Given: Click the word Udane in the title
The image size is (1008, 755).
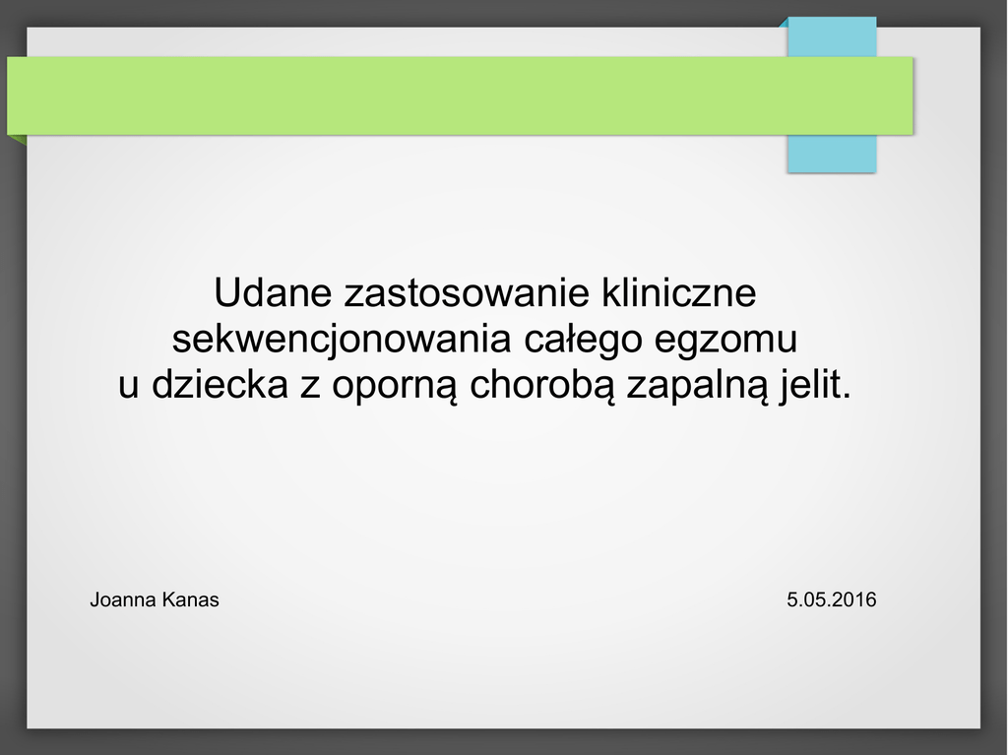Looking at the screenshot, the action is point(273,292).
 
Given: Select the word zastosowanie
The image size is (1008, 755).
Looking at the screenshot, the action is point(467,292).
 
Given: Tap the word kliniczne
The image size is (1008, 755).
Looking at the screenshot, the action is point(679,292).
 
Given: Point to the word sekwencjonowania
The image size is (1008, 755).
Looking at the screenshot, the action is point(342,339).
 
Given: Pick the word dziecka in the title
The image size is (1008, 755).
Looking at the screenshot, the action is point(220,385).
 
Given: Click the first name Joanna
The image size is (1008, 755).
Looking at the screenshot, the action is point(123,600).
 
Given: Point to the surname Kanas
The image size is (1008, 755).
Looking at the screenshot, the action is point(190,600).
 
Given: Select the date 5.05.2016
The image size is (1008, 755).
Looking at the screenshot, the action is point(831,600).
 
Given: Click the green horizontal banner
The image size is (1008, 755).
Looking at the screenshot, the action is point(461,95).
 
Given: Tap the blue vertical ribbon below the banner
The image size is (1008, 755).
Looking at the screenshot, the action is point(832,154).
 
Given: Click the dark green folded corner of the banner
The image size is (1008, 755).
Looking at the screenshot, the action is point(18,140).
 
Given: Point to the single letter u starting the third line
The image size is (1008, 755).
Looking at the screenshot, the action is point(129,388).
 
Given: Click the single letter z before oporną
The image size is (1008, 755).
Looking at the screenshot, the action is point(310,388).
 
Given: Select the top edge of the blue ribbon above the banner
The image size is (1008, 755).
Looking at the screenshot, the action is point(832,18).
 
